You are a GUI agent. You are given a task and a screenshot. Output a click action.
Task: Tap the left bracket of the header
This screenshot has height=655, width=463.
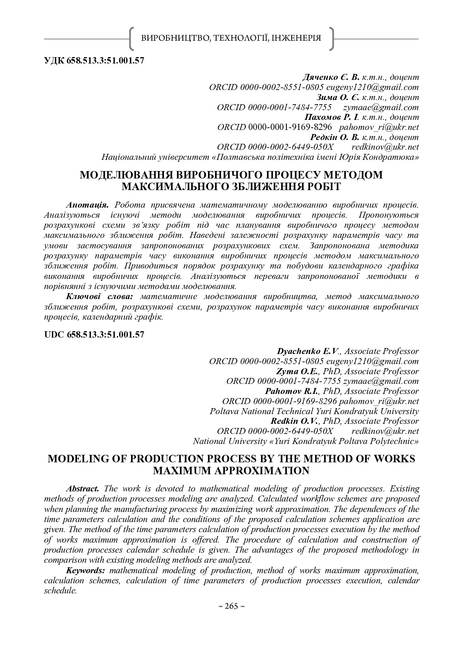coord(131,38)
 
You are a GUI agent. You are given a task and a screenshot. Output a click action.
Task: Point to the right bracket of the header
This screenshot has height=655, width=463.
coord(331,38)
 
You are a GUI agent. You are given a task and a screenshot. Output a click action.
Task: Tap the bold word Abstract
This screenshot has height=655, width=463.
coord(82,489)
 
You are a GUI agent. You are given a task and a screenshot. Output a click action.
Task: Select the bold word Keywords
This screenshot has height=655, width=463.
coord(86,570)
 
